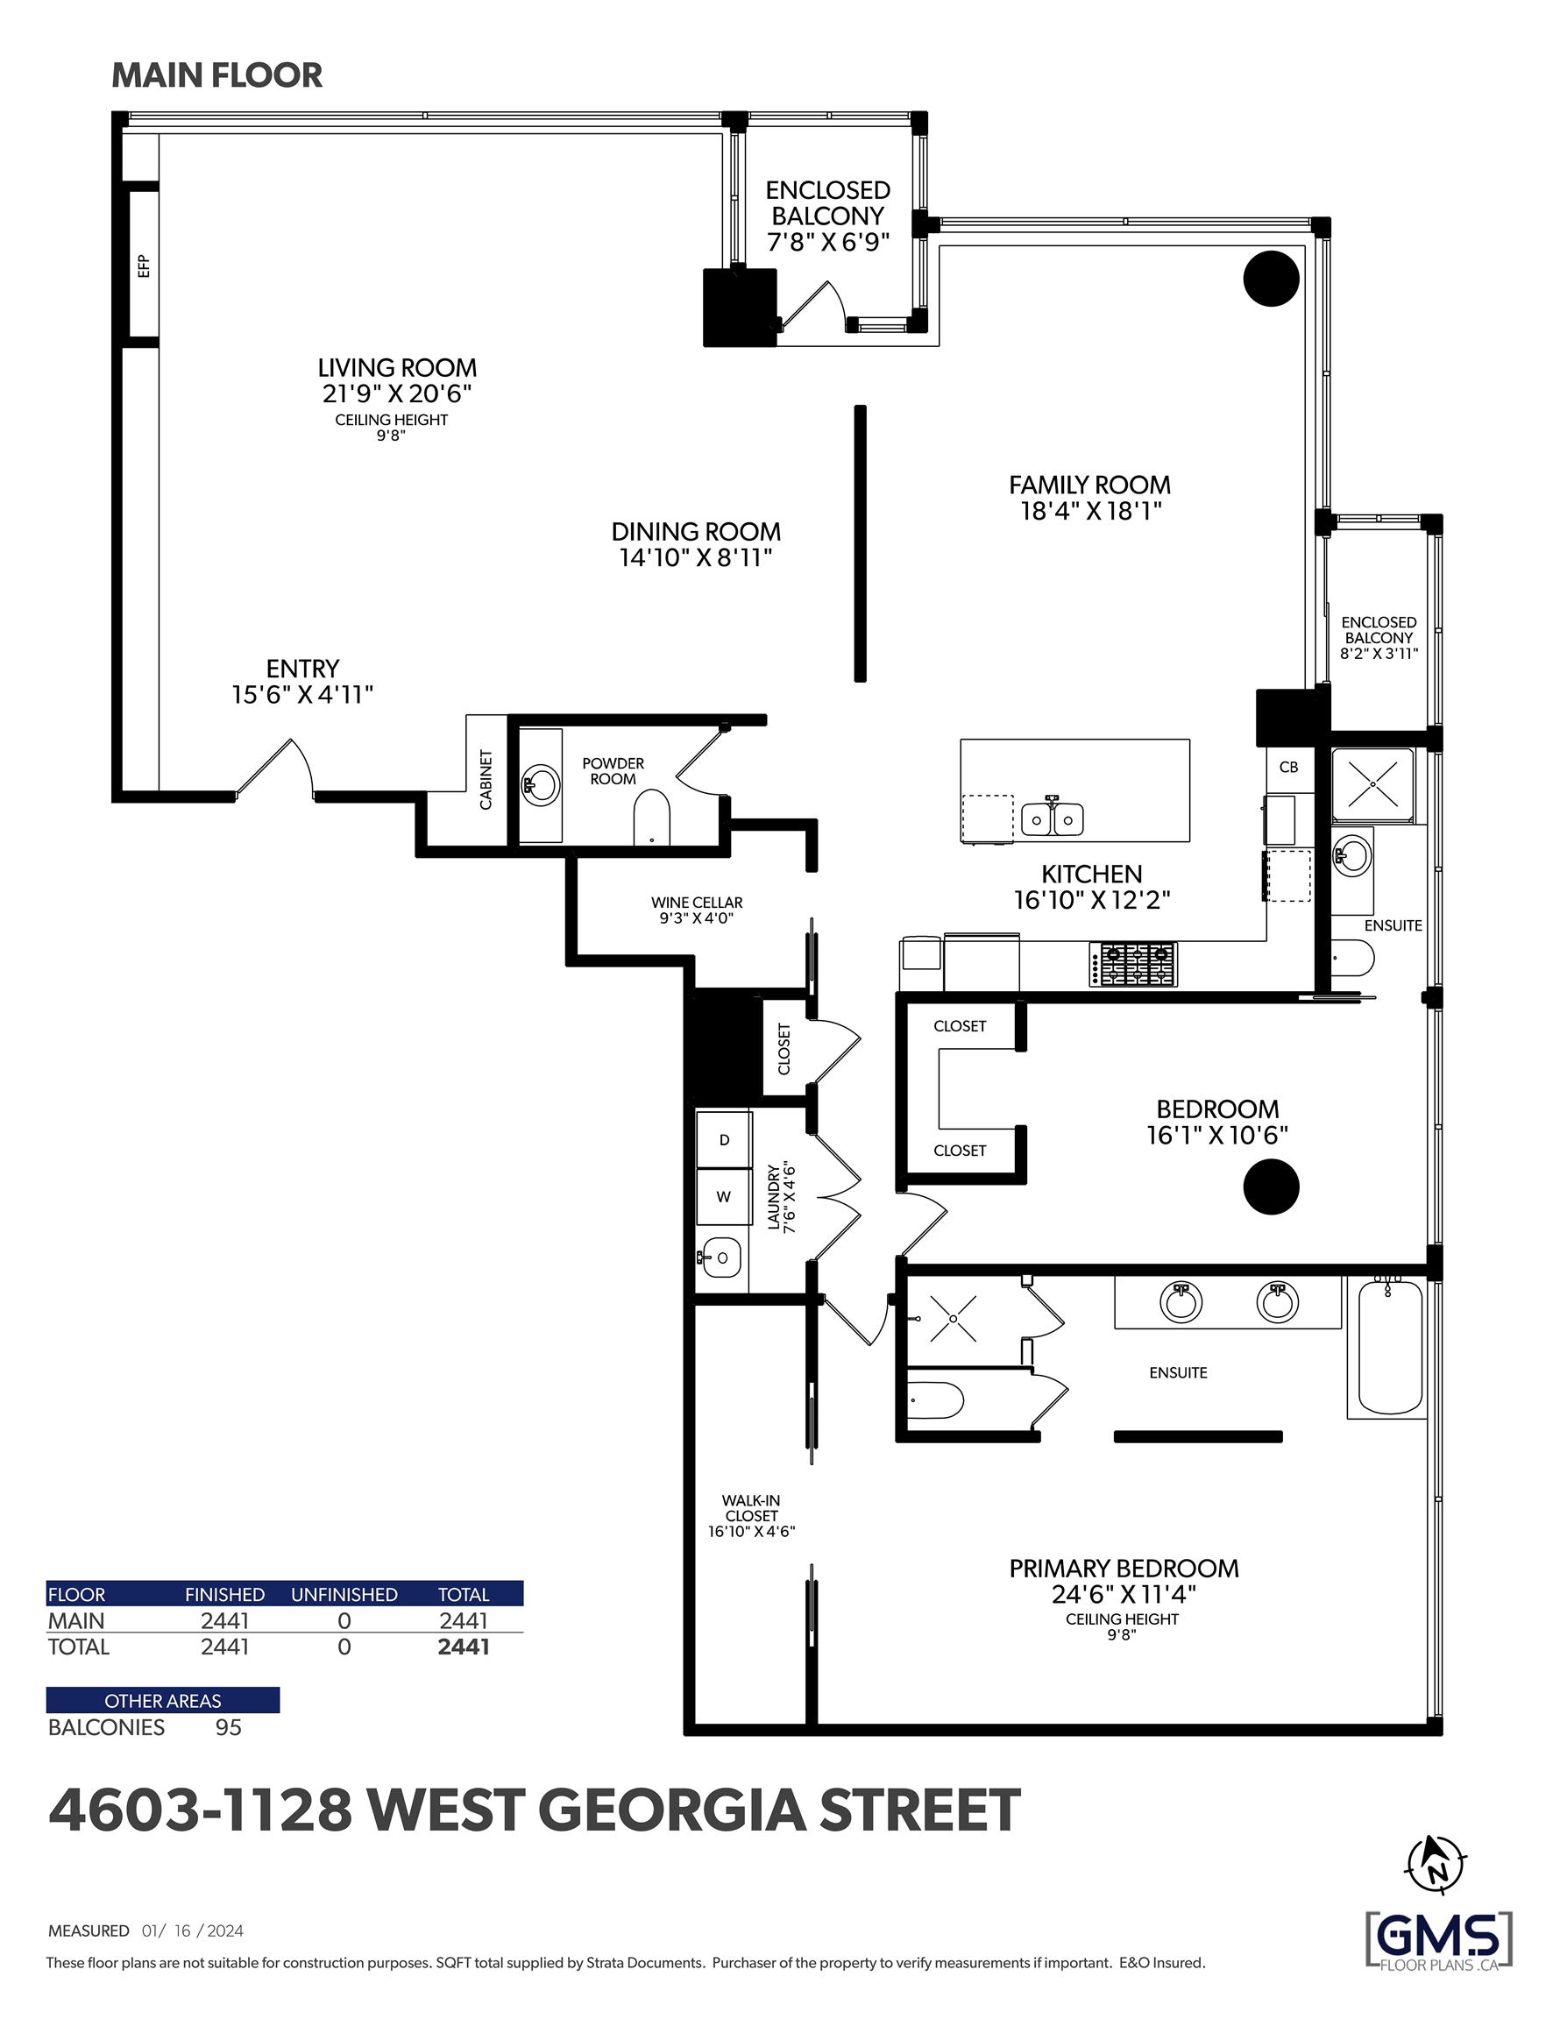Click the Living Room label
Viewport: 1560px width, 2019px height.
click(397, 368)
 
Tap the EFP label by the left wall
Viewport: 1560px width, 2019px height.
click(144, 266)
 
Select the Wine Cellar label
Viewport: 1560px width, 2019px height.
click(697, 903)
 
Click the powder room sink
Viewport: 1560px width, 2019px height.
click(540, 786)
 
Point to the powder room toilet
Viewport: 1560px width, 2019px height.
click(651, 817)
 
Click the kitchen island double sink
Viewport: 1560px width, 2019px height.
click(1053, 818)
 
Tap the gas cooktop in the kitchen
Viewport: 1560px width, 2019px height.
click(1133, 964)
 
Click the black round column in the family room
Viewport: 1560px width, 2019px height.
click(1271, 279)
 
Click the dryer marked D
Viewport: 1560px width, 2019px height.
click(724, 1140)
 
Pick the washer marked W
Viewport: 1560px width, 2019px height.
click(724, 1196)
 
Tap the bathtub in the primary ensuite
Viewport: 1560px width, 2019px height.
click(1390, 1347)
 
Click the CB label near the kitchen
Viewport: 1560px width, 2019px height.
click(1288, 767)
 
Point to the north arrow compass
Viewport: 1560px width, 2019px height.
click(1436, 1865)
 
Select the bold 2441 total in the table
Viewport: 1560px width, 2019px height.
click(464, 1647)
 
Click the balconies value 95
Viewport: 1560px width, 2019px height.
click(229, 1728)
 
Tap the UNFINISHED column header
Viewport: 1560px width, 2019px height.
click(344, 1595)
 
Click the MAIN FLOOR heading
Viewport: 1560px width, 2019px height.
click(217, 74)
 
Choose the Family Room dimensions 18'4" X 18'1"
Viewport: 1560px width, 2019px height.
click(1090, 511)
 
